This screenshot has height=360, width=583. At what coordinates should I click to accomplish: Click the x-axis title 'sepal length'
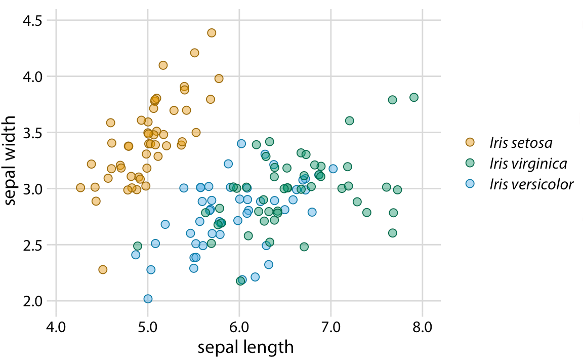point(245,347)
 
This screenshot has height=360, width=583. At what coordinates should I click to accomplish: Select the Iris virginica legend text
point(528,163)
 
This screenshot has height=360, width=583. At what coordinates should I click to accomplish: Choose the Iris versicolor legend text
point(531,184)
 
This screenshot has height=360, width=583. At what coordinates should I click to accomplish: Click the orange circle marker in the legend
point(471,142)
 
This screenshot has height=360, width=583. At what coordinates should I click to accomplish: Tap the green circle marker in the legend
point(471,163)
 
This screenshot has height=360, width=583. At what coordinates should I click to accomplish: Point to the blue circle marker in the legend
point(471,184)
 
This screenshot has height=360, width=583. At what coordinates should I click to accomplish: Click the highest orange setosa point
point(212,33)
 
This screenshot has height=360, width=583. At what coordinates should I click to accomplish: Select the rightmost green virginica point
point(414,97)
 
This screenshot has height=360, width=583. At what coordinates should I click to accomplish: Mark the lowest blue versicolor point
point(148,299)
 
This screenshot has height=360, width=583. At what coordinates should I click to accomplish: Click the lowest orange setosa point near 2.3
point(103,269)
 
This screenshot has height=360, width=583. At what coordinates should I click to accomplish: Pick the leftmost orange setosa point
point(80,188)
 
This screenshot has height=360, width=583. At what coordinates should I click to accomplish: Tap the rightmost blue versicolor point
point(333,169)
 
